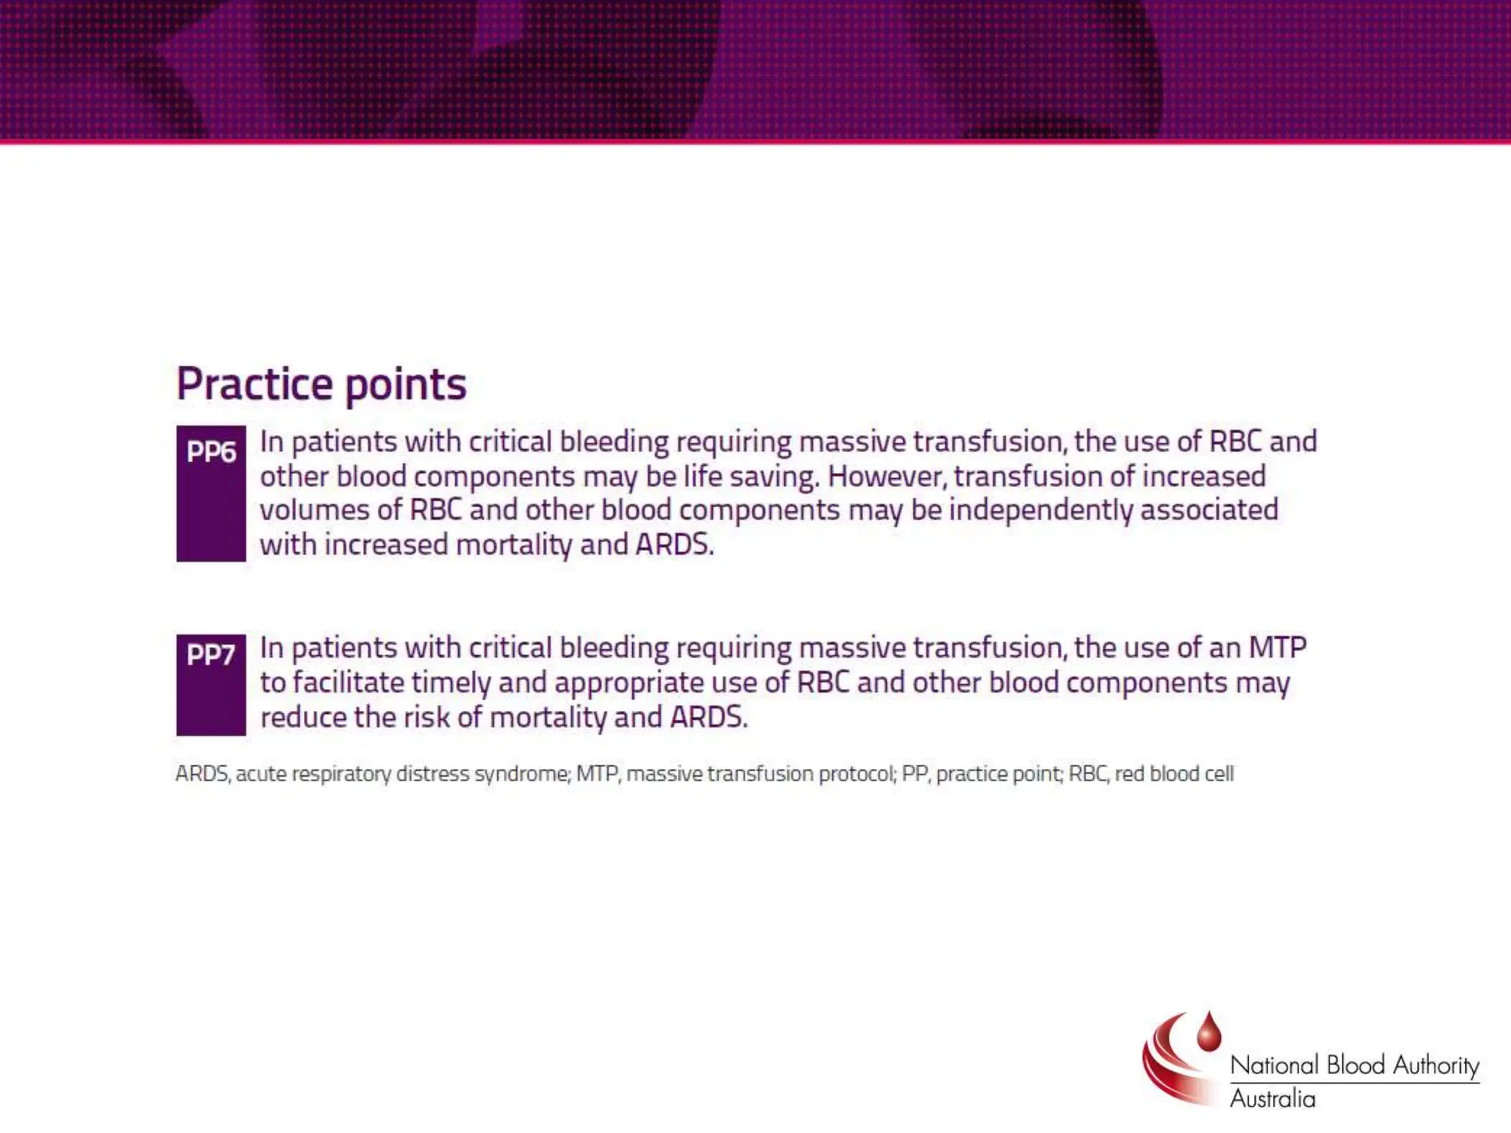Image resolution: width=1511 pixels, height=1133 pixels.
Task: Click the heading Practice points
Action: (x=321, y=384)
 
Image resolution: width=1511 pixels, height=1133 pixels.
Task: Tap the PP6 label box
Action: (x=211, y=493)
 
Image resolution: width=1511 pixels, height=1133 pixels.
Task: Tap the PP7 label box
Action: (x=211, y=684)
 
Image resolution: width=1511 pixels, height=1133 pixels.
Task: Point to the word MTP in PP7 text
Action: (x=1277, y=648)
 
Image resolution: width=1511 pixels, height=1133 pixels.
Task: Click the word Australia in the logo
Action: (x=1272, y=1099)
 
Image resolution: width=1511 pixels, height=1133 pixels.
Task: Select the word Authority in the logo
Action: (x=1436, y=1065)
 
